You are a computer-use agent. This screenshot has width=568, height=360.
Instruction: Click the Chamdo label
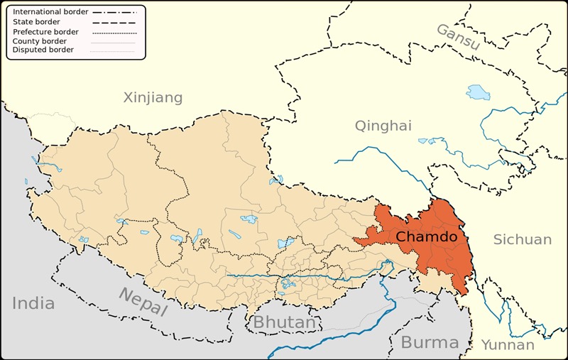point(426,236)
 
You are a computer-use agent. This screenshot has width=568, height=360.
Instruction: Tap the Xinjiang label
point(153,97)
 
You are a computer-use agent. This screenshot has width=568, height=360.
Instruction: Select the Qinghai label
point(383,126)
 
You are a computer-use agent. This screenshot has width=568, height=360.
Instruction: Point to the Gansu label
point(458,36)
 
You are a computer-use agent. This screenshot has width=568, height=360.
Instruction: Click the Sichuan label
point(523,239)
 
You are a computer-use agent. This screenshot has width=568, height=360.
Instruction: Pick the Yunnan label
point(508,345)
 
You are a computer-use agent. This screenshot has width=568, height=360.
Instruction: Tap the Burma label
point(430,342)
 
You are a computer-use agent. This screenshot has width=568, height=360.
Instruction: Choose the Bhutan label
point(284,322)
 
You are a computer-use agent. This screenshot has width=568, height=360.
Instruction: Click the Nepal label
point(143,302)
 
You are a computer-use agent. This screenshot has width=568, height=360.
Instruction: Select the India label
point(33,303)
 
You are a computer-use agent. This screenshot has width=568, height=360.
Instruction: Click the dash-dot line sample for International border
point(114,12)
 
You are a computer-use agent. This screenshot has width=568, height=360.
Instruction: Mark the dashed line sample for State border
point(114,22)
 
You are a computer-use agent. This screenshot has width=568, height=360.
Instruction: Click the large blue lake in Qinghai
point(478,92)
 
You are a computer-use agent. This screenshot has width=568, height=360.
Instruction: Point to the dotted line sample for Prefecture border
point(114,32)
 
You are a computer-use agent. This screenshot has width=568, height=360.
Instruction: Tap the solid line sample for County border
point(114,41)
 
